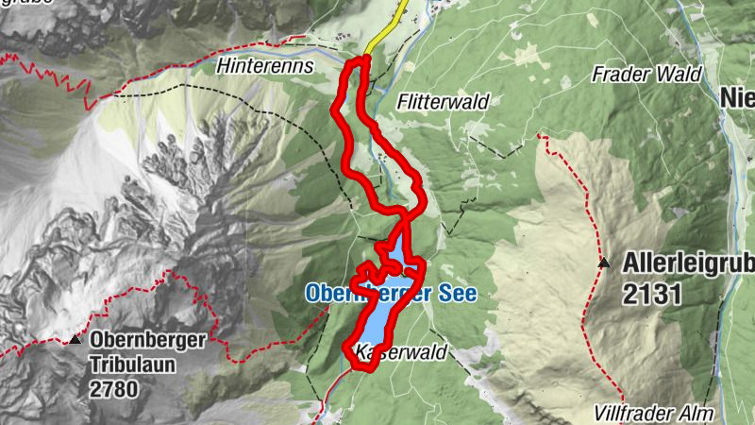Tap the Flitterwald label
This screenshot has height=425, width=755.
click(x=441, y=99)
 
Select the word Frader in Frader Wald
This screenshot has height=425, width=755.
click(x=619, y=73)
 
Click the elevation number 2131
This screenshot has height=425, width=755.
click(x=652, y=294)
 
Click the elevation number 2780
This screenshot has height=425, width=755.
click(x=114, y=387)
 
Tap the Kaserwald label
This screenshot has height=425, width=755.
click(x=399, y=352)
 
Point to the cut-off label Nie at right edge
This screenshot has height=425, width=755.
click(x=736, y=98)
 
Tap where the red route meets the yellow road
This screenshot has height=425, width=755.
click(x=362, y=59)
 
